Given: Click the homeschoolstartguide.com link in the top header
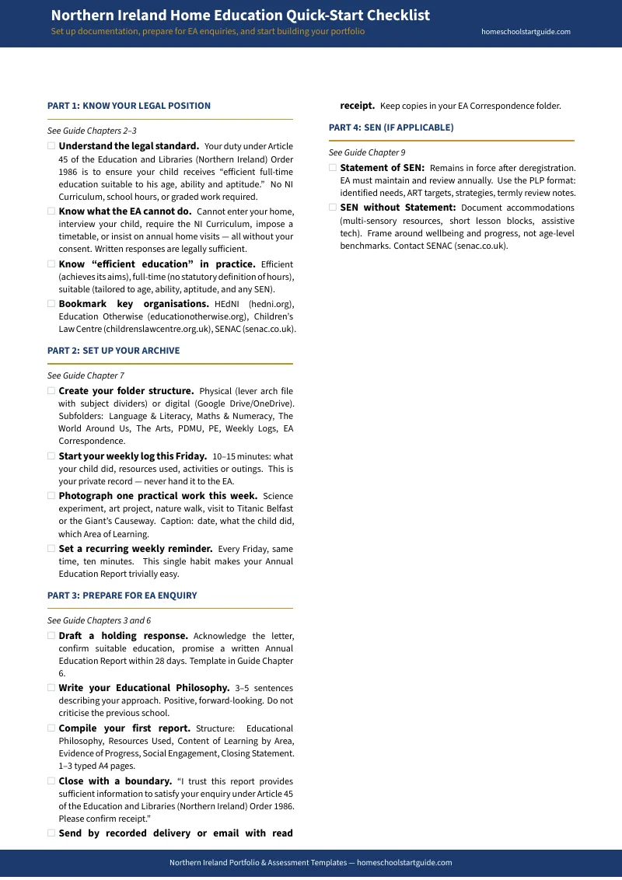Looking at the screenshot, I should [x=526, y=32].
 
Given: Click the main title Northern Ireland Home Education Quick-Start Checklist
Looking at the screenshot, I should [x=240, y=16].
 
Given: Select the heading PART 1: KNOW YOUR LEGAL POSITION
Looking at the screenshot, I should [x=129, y=106].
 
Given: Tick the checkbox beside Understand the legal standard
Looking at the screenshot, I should [x=51, y=145].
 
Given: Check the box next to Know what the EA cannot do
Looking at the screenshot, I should [x=51, y=211].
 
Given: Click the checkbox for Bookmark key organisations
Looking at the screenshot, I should [x=51, y=304].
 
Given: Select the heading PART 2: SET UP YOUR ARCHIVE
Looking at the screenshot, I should [x=114, y=351].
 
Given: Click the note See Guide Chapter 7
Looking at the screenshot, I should [x=86, y=375].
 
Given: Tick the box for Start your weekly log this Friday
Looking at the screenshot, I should [x=51, y=456].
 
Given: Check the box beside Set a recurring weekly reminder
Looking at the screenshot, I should [x=51, y=548].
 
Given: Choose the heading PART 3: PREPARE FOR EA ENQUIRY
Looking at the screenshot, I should [x=122, y=595].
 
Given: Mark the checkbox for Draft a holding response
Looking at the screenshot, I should [x=51, y=635].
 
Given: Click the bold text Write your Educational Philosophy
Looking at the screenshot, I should [x=144, y=688].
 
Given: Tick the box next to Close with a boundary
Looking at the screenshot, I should [x=51, y=780].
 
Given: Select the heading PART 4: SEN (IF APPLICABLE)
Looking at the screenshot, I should [x=391, y=127].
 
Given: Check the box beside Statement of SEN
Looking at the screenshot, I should [x=333, y=167].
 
